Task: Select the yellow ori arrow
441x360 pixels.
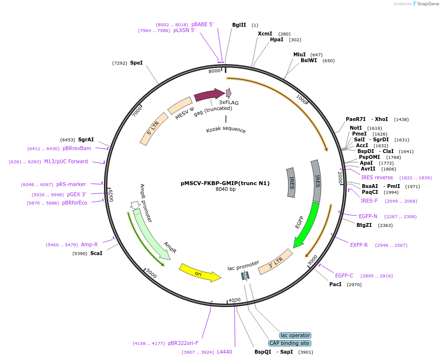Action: coord(199,273)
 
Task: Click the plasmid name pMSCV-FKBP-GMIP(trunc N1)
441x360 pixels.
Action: coord(225,183)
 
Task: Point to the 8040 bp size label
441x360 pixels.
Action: coord(225,189)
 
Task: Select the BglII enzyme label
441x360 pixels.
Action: coord(239,25)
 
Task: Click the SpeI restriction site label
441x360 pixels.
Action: coord(136,63)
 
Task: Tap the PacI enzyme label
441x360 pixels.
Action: coord(335,284)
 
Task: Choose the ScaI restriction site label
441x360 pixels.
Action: coord(96,253)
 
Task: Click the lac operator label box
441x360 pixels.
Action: coord(295,335)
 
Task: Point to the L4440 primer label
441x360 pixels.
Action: coord(224,352)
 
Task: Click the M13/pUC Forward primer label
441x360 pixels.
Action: coord(66,162)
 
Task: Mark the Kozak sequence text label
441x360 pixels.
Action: coord(226,130)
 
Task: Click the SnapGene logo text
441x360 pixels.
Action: coord(428,4)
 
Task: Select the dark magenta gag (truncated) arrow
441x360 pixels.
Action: coord(208,95)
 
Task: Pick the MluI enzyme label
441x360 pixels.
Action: coord(300,54)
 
